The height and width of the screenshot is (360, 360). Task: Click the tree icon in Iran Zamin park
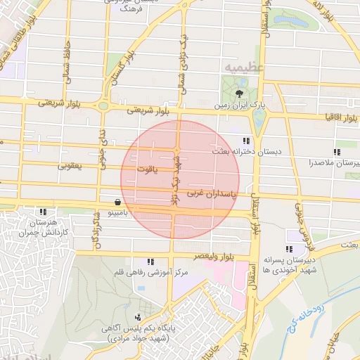240,92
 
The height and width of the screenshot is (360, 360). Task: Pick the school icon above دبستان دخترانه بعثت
246,141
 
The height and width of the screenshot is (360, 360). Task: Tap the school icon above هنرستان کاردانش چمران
44,211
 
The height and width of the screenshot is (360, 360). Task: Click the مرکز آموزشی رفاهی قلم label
143,271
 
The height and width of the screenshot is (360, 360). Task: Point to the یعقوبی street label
70,167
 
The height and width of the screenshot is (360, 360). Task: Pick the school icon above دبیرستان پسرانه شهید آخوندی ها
289,249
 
